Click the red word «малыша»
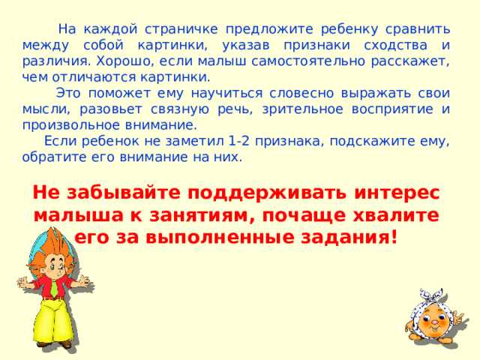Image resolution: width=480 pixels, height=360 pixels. tap(72, 215)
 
